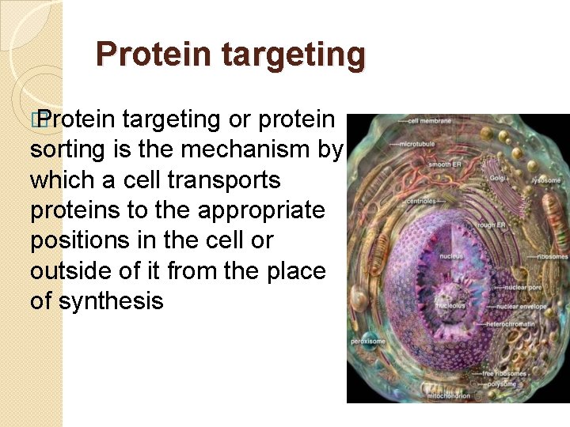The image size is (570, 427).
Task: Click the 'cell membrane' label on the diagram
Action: [x=430, y=121]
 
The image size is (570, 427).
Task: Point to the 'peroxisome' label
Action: [x=367, y=342]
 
